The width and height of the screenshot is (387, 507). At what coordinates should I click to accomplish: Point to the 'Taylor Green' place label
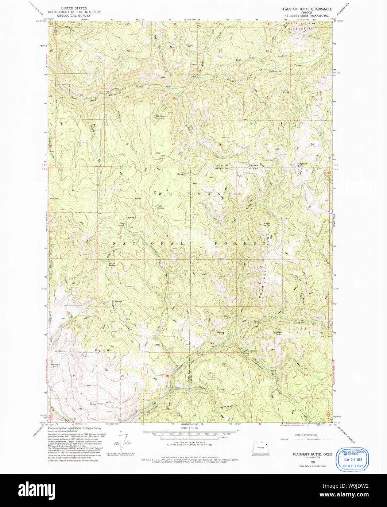tap(254, 167)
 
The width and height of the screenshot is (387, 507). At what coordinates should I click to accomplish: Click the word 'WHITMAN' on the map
tap(189, 194)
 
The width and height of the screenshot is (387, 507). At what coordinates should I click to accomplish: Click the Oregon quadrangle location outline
tap(260, 447)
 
